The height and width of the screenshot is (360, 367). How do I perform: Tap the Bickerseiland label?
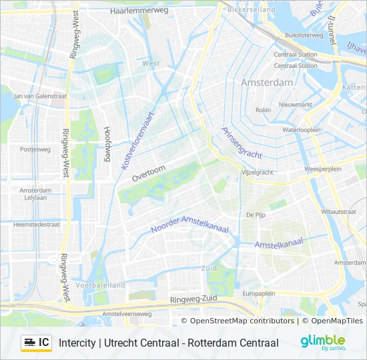pyautogui.click(x=252, y=11)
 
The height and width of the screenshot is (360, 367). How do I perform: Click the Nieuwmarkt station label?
pyautogui.click(x=296, y=105)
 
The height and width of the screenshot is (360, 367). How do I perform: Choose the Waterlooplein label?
pyautogui.click(x=302, y=129)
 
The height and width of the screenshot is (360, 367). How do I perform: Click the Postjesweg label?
pyautogui.click(x=35, y=149)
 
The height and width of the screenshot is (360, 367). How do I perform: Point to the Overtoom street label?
pyautogui.click(x=147, y=173)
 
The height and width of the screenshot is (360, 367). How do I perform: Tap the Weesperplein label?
pyautogui.click(x=322, y=169)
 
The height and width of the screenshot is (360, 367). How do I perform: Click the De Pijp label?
pyautogui.click(x=256, y=215)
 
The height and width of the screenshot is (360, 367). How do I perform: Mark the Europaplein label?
pyautogui.click(x=259, y=293)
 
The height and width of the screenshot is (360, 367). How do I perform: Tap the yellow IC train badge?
pyautogui.click(x=36, y=343)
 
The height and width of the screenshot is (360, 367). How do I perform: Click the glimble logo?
pyautogui.click(x=322, y=342)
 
